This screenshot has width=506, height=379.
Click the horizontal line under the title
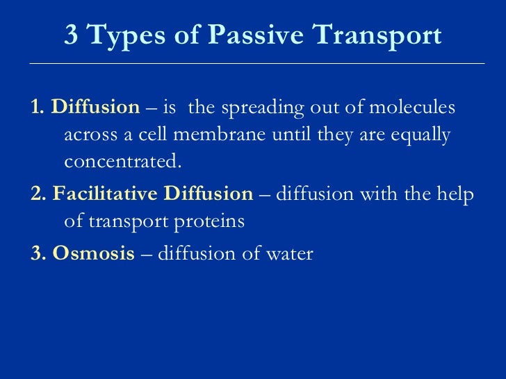tap(257, 63)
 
